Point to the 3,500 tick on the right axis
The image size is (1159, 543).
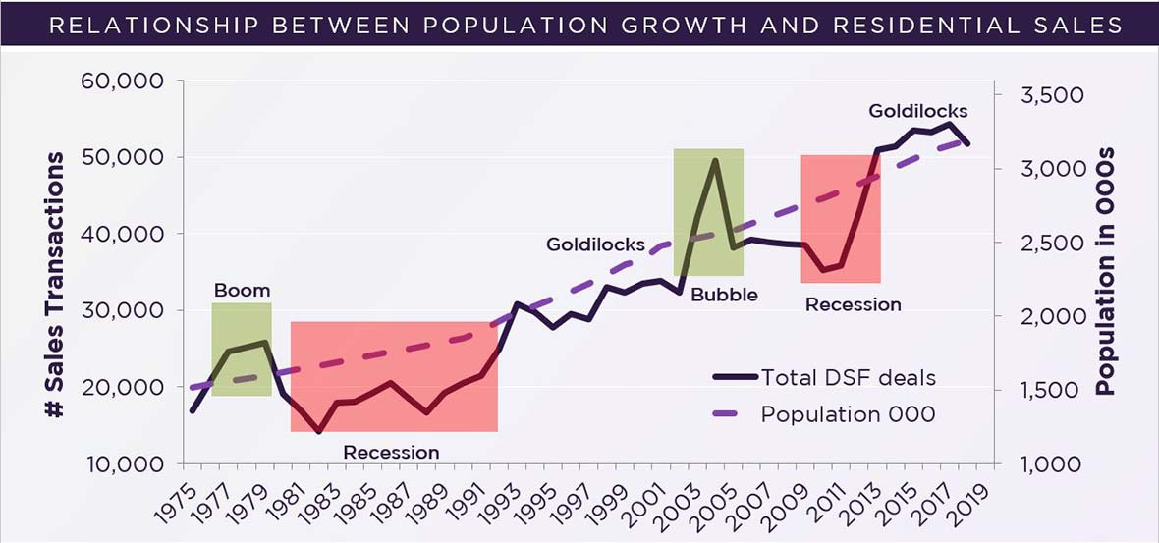point(1041,95)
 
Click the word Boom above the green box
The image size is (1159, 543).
point(242,291)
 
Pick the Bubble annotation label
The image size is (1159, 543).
point(724,295)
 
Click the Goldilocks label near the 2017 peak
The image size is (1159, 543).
point(917,111)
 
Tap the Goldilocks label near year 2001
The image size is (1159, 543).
point(595,244)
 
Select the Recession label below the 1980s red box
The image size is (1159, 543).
point(391,452)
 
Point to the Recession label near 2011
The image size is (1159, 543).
point(853,304)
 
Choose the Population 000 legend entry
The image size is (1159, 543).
point(848,414)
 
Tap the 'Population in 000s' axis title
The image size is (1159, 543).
point(1106,271)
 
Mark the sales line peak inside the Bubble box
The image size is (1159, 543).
point(716,160)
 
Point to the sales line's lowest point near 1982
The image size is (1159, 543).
point(319,431)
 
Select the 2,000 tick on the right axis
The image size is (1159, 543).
point(1041,316)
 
